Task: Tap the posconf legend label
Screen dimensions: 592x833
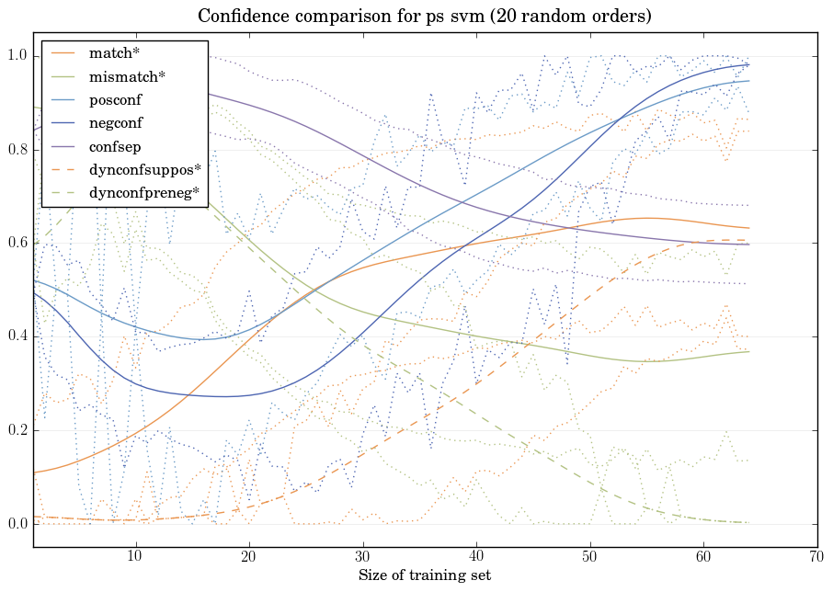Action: (x=116, y=99)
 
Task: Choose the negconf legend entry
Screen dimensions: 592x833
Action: (x=116, y=122)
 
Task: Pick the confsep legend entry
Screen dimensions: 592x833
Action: (x=115, y=145)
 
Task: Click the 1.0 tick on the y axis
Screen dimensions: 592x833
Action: (x=16, y=57)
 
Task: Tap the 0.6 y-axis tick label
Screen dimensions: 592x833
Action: (x=16, y=244)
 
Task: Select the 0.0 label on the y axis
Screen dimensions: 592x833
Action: (x=16, y=524)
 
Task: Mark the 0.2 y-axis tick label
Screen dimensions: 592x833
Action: (x=16, y=430)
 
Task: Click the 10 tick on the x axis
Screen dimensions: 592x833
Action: (x=135, y=557)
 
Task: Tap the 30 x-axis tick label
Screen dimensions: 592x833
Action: (x=362, y=557)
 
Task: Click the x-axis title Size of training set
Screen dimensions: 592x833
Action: (x=424, y=576)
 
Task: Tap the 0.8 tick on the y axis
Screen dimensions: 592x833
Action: (x=16, y=150)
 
